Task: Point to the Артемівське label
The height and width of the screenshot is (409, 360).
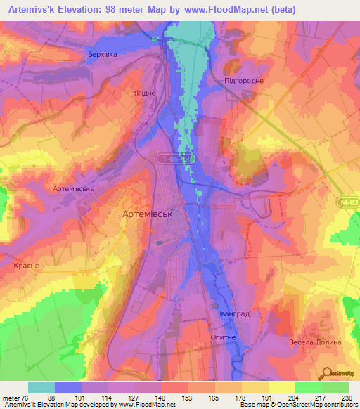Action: pyautogui.click(x=73, y=189)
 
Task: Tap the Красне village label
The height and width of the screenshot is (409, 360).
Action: pyautogui.click(x=26, y=266)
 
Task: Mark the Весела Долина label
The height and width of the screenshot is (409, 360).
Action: pyautogui.click(x=314, y=342)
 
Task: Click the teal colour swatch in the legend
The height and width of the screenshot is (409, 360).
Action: pyautogui.click(x=41, y=387)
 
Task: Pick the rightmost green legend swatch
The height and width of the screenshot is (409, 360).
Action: pyautogui.click(x=335, y=387)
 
